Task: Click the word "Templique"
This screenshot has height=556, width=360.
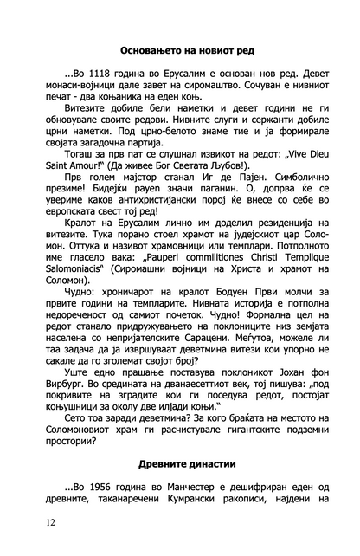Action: click(298, 260)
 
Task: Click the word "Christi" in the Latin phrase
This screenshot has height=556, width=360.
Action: click(247, 260)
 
